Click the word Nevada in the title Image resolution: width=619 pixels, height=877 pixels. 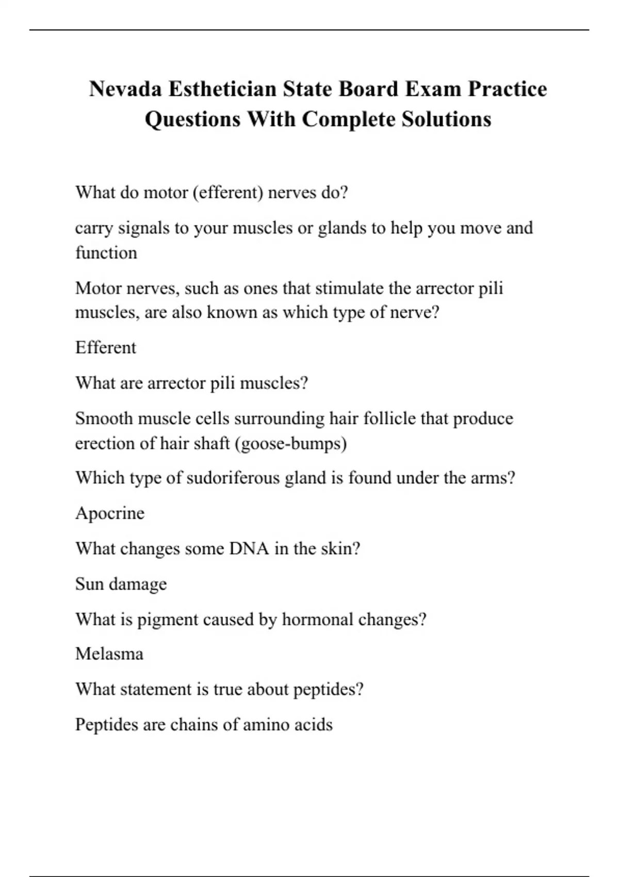coord(124,89)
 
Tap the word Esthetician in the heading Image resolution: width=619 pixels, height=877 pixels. coord(222,89)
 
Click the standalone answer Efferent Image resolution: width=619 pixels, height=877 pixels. coord(106,348)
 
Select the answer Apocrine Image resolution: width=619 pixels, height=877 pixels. coord(110,513)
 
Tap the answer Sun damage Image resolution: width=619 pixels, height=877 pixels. coord(121,584)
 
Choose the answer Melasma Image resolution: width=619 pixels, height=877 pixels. coord(109,654)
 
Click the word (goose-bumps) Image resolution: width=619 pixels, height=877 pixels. coord(290,443)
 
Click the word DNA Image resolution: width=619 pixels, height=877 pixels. coord(249,548)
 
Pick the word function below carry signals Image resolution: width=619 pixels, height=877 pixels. coord(106,253)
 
